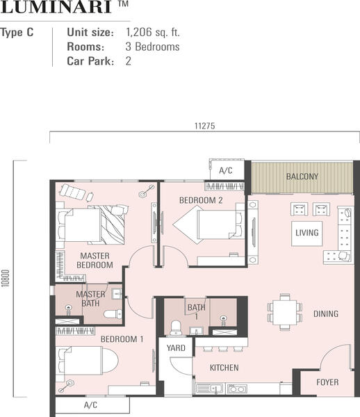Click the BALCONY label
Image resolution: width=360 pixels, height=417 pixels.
[302, 177]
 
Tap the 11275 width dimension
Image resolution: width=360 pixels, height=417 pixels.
[205, 126]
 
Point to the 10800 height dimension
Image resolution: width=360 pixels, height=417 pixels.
[6, 278]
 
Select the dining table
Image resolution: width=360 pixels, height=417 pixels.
[285, 312]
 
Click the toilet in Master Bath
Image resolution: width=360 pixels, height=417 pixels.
[113, 314]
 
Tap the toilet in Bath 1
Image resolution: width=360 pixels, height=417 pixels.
[176, 328]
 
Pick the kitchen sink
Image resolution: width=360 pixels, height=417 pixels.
[210, 389]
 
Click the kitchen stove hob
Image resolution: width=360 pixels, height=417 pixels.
[237, 389]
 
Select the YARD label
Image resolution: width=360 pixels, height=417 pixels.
[176, 348]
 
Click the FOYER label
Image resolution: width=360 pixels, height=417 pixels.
[327, 382]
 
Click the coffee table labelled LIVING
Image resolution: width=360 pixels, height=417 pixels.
[306, 234]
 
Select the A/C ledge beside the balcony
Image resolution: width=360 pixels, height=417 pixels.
[227, 170]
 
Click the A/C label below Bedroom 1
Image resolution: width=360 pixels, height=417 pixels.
[90, 405]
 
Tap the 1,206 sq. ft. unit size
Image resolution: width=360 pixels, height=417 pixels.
[153, 32]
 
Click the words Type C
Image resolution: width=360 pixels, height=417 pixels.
[17, 33]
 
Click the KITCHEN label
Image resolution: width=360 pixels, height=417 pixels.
[224, 368]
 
